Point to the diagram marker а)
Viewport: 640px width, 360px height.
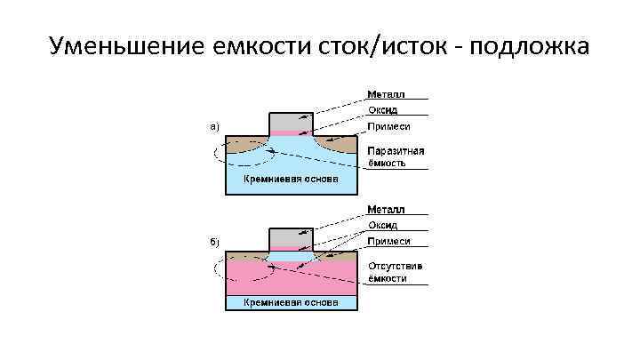(213, 126)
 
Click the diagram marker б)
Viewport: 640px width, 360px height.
(213, 241)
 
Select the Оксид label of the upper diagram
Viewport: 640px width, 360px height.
(384, 110)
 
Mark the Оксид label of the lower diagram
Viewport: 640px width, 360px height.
(384, 226)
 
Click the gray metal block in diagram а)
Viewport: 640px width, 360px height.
(291, 121)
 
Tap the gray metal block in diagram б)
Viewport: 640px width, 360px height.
(291, 236)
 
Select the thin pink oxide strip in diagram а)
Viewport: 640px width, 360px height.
(291, 133)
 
